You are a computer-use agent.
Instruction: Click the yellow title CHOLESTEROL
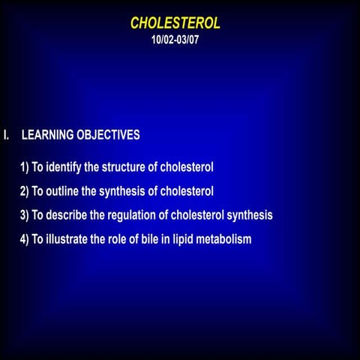click(x=175, y=23)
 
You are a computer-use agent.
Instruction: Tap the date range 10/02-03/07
click(x=175, y=39)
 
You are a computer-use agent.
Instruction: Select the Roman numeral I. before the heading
click(x=6, y=136)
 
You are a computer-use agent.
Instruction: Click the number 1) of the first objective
click(x=25, y=166)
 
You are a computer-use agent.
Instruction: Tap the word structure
click(x=124, y=166)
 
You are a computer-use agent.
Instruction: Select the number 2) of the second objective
click(x=25, y=190)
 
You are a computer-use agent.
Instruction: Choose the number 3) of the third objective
click(x=25, y=215)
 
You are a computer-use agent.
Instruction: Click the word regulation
click(x=139, y=216)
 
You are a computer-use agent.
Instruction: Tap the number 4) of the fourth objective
click(x=25, y=239)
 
